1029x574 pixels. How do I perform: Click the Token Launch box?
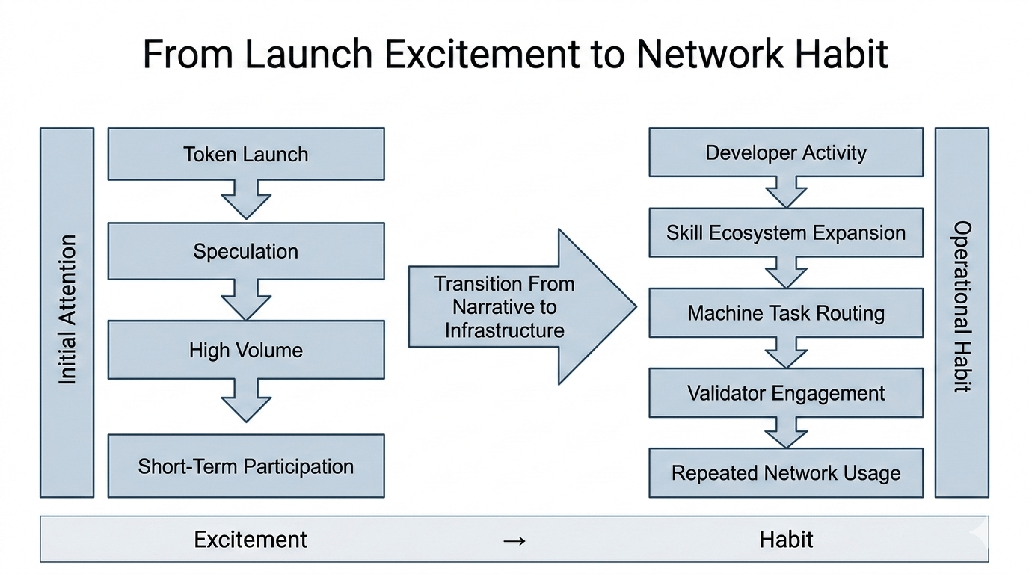[246, 154]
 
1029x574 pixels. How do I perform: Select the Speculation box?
[246, 251]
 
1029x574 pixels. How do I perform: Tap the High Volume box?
[246, 350]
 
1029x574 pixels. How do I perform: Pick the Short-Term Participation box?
[246, 466]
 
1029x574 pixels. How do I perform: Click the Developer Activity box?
[785, 152]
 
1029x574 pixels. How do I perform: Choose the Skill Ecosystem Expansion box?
[785, 232]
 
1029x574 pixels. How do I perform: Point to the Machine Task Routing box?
[785, 312]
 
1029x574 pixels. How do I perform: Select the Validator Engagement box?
[785, 392]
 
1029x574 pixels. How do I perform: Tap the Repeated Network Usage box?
[785, 472]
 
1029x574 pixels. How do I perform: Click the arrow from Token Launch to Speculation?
[246, 199]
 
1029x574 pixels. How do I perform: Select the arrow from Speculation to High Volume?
[246, 299]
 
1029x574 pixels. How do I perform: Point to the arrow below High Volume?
[246, 400]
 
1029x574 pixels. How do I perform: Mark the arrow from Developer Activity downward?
[786, 191]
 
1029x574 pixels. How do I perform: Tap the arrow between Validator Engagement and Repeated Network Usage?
[786, 433]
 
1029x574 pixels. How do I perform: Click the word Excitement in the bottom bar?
[251, 539]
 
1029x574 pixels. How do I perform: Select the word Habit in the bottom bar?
[786, 539]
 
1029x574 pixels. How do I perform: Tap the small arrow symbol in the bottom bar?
[514, 540]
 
